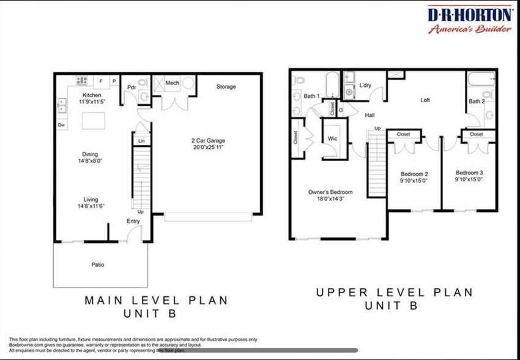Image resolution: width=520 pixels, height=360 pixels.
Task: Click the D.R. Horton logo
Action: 469,20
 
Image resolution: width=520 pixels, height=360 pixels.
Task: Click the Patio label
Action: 97,265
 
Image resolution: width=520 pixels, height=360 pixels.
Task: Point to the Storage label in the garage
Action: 226,87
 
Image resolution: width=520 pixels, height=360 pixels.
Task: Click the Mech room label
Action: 172,82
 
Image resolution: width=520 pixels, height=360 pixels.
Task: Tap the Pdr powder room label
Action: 131,87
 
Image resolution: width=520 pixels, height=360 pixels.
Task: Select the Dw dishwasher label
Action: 61,125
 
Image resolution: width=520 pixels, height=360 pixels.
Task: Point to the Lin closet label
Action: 141,141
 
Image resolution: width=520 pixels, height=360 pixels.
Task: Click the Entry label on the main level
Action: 133,221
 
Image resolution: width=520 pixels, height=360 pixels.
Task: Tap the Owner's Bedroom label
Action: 330,192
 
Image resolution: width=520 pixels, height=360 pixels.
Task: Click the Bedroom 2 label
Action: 414,173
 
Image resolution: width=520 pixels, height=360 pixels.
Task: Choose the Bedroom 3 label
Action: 469,173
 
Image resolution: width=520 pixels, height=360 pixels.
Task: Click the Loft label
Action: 425,100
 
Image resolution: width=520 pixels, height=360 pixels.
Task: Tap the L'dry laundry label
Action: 366,85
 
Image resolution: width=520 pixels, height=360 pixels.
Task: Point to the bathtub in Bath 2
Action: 481,81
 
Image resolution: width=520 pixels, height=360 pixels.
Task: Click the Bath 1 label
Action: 311,96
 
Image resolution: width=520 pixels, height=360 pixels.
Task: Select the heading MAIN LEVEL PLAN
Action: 156,301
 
